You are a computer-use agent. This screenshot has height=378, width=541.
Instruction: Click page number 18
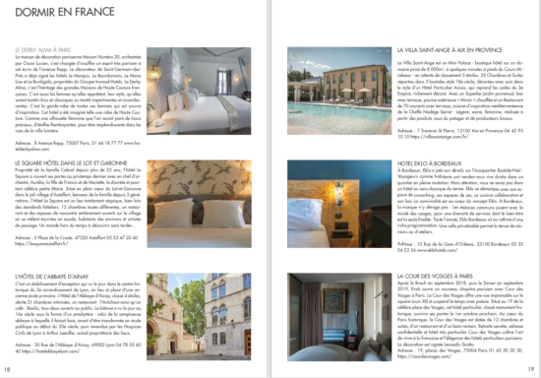[9, 369]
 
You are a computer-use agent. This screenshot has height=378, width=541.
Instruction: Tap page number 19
[531, 369]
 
